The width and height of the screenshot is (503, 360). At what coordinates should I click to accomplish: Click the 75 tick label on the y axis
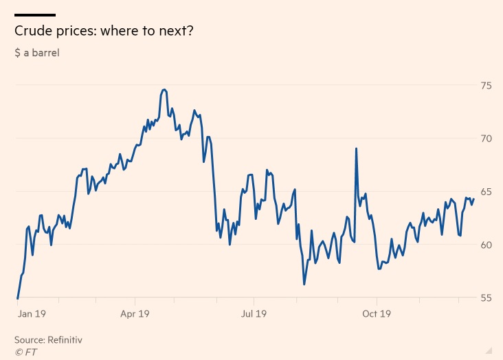pyautogui.click(x=486, y=86)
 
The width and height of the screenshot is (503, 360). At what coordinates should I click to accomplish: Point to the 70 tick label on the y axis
pyautogui.click(x=486, y=139)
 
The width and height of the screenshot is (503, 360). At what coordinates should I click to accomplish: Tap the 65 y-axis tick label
pyautogui.click(x=486, y=192)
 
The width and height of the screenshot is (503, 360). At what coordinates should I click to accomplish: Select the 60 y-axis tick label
pyautogui.click(x=486, y=245)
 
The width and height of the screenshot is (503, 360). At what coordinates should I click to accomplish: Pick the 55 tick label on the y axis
pyautogui.click(x=486, y=297)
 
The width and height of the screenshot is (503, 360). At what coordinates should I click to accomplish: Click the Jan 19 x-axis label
pyautogui.click(x=32, y=314)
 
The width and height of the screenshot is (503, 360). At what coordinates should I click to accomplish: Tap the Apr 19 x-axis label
pyautogui.click(x=135, y=314)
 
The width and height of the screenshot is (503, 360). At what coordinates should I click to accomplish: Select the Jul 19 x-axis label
pyautogui.click(x=253, y=314)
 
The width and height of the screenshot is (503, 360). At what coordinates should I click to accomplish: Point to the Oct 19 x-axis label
pyautogui.click(x=376, y=314)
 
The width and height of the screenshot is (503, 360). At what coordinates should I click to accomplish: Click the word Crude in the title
pyautogui.click(x=32, y=32)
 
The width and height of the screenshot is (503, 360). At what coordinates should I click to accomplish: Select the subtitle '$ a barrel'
pyautogui.click(x=36, y=52)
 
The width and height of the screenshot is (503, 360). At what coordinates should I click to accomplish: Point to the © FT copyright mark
pyautogui.click(x=26, y=351)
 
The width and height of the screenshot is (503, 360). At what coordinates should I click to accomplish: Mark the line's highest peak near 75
pyautogui.click(x=164, y=89)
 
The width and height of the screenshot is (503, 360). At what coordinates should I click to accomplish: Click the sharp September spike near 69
pyautogui.click(x=356, y=148)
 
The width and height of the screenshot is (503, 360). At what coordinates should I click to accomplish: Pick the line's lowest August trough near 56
pyautogui.click(x=304, y=284)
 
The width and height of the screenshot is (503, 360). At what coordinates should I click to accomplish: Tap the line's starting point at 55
pyautogui.click(x=17, y=298)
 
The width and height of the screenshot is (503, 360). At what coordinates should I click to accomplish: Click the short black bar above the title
pyautogui.click(x=35, y=14)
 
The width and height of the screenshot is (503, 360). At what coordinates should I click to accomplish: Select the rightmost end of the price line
pyautogui.click(x=473, y=199)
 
